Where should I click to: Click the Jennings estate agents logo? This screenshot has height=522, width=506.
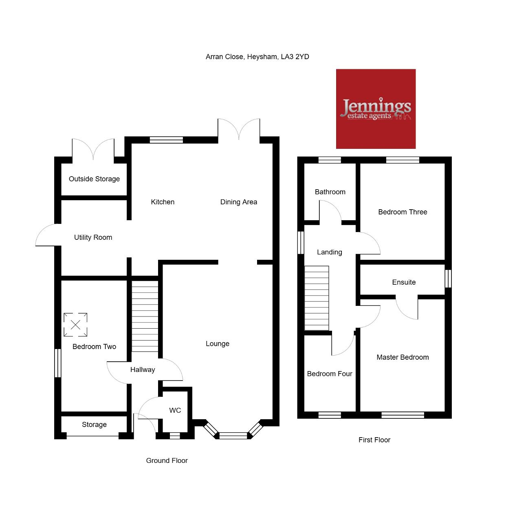point(376,108)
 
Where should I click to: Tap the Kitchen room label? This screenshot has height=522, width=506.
point(163,202)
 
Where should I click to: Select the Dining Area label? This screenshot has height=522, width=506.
point(238,202)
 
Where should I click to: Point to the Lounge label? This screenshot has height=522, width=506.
point(218,344)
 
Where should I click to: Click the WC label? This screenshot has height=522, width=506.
point(175,410)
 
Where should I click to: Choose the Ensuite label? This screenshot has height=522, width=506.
point(404,282)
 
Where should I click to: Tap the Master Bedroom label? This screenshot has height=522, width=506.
point(403,357)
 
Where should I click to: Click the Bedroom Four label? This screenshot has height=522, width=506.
point(329,374)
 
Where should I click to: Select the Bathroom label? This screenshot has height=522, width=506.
point(330,192)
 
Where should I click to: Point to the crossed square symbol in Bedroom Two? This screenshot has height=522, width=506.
point(75,325)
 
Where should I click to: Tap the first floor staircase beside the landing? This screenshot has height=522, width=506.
point(317,298)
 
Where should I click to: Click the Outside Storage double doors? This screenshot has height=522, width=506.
point(93,149)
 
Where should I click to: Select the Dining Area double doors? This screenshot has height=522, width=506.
point(238,129)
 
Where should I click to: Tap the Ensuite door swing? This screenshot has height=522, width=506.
point(406,308)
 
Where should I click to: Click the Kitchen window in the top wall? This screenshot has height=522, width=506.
point(166,140)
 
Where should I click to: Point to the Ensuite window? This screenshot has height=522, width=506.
point(448,279)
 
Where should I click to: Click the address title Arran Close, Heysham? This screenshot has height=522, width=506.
point(257,57)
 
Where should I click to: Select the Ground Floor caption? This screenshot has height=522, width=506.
point(167,460)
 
